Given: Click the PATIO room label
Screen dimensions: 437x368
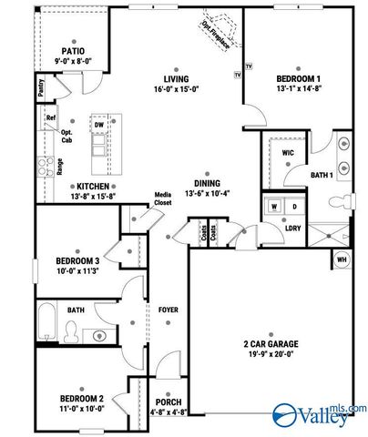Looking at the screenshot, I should pyautogui.click(x=74, y=52).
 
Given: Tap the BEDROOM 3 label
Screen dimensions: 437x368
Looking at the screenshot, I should pyautogui.click(x=76, y=259).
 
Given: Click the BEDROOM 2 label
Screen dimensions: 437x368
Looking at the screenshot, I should pyautogui.click(x=82, y=398).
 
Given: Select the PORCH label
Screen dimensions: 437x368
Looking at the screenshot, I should pyautogui.click(x=169, y=401).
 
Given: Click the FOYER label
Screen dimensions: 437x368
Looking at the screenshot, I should pyautogui.click(x=168, y=310).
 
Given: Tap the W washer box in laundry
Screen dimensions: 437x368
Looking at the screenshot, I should pyautogui.click(x=273, y=207).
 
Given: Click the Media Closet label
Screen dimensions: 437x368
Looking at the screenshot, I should pyautogui.click(x=164, y=199).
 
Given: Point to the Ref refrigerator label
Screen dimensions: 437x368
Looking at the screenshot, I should pyautogui.click(x=51, y=118).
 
